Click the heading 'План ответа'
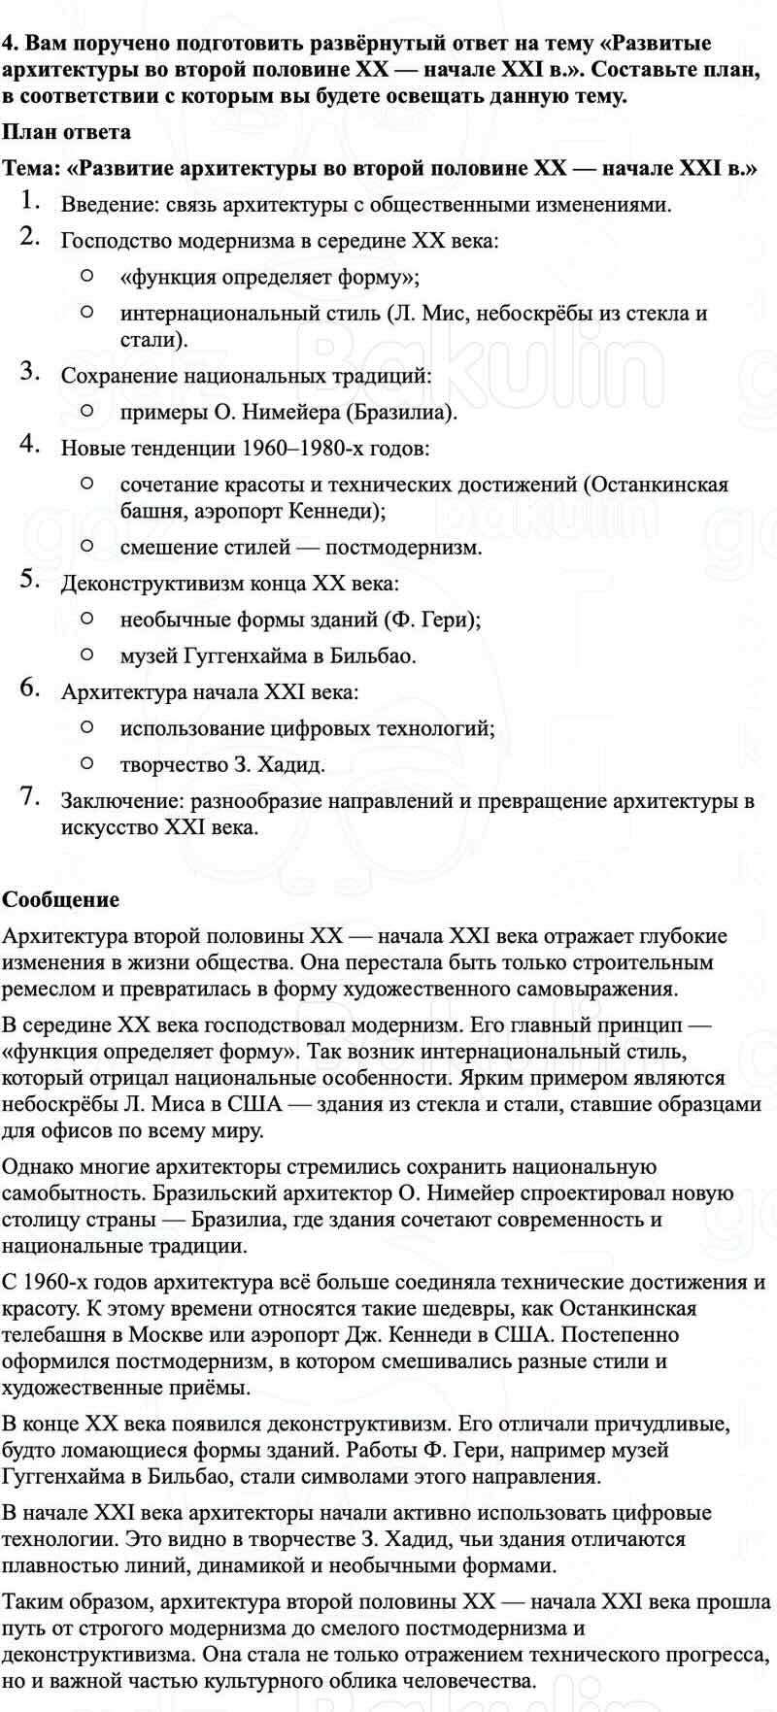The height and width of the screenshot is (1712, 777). [66, 132]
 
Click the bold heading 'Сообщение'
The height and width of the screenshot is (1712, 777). [60, 899]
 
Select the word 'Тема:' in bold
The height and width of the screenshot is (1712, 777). [31, 168]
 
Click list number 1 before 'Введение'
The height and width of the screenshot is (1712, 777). [29, 202]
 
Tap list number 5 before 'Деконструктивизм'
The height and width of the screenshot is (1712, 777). [29, 581]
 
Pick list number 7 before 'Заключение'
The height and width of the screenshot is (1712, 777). [29, 798]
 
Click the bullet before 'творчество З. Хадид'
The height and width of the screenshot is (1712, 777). [87, 764]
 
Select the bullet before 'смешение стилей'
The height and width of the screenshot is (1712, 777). [87, 547]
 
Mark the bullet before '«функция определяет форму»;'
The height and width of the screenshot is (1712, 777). [87, 277]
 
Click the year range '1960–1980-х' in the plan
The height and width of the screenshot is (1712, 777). [302, 449]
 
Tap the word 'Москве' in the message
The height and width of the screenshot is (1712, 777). [160, 1335]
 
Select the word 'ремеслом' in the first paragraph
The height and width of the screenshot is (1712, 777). [45, 990]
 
